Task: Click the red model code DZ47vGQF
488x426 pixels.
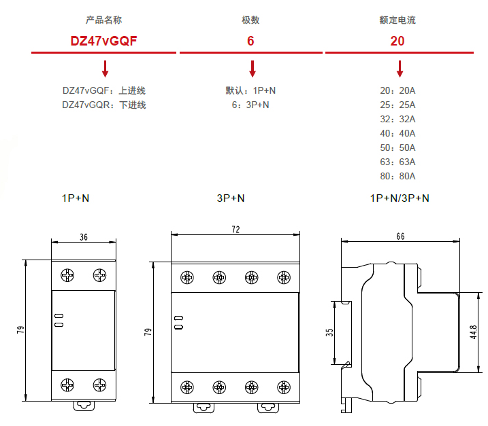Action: pyautogui.click(x=104, y=41)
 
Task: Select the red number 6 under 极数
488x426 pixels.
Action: pyautogui.click(x=251, y=41)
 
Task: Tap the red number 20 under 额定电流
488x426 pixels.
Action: pyautogui.click(x=397, y=41)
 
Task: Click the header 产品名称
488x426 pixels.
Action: pyautogui.click(x=104, y=20)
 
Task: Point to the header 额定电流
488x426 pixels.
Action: pyautogui.click(x=397, y=20)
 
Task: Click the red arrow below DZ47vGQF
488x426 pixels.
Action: pyautogui.click(x=105, y=68)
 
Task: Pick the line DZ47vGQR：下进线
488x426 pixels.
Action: pyautogui.click(x=104, y=105)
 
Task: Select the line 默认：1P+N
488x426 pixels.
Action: pyautogui.click(x=250, y=90)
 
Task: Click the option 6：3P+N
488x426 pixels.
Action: pyautogui.click(x=250, y=105)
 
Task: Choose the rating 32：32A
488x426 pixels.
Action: pyautogui.click(x=397, y=119)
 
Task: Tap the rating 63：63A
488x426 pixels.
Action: pyautogui.click(x=397, y=162)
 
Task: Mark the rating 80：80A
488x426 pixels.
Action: pyautogui.click(x=397, y=177)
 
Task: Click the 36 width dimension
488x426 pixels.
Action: pyautogui.click(x=84, y=237)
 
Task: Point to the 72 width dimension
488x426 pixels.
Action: pyautogui.click(x=235, y=230)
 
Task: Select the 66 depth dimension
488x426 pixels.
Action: pyautogui.click(x=400, y=236)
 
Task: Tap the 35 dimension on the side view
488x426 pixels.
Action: pyautogui.click(x=329, y=333)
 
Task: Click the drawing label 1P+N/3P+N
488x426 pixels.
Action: pyautogui.click(x=400, y=198)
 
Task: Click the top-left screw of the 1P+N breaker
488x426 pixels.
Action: pyautogui.click(x=67, y=275)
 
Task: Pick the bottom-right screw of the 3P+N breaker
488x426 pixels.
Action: pyautogui.click(x=284, y=387)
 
